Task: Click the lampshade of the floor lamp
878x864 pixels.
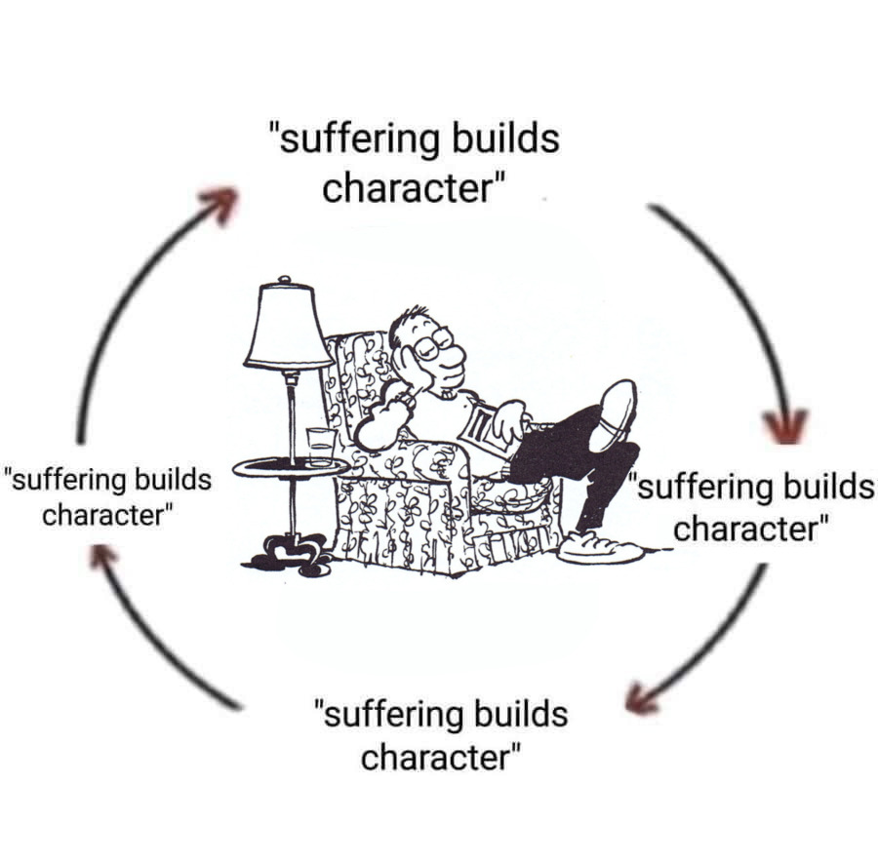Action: tap(287, 329)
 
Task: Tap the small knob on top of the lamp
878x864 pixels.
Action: tap(285, 280)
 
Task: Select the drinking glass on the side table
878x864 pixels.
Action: tap(320, 445)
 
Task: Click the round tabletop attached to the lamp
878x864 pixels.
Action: tap(290, 468)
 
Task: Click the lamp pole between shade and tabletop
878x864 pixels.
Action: tap(290, 410)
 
